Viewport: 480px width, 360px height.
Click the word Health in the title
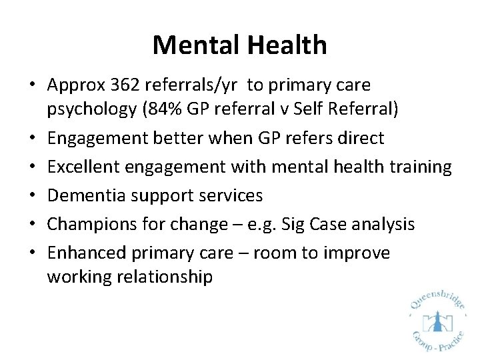click(x=287, y=45)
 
